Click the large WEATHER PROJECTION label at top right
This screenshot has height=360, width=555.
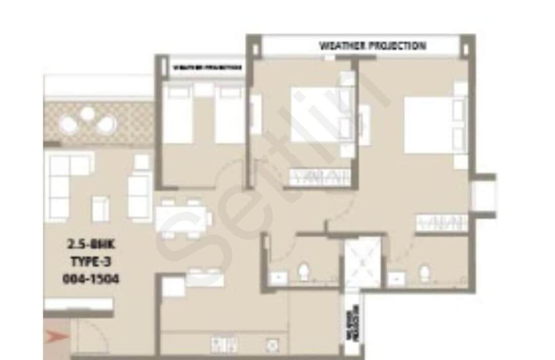coord(373,46)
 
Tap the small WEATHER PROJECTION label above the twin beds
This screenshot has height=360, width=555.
coord(207,67)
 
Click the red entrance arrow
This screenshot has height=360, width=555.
coord(57,337)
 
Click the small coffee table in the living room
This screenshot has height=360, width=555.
coord(100,208)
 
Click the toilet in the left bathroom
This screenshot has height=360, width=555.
coord(303,271)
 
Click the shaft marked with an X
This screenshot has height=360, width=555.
coord(363,262)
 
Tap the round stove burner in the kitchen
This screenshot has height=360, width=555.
coord(271,344)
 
